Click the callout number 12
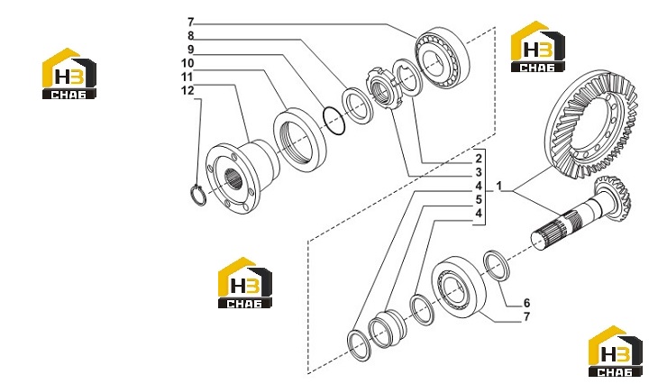[187, 90]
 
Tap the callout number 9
[190, 50]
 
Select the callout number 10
[187, 63]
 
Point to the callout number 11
[187, 77]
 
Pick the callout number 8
[190, 36]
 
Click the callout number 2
[479, 159]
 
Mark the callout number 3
[479, 172]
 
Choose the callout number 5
[479, 199]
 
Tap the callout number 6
[526, 303]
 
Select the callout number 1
[499, 186]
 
